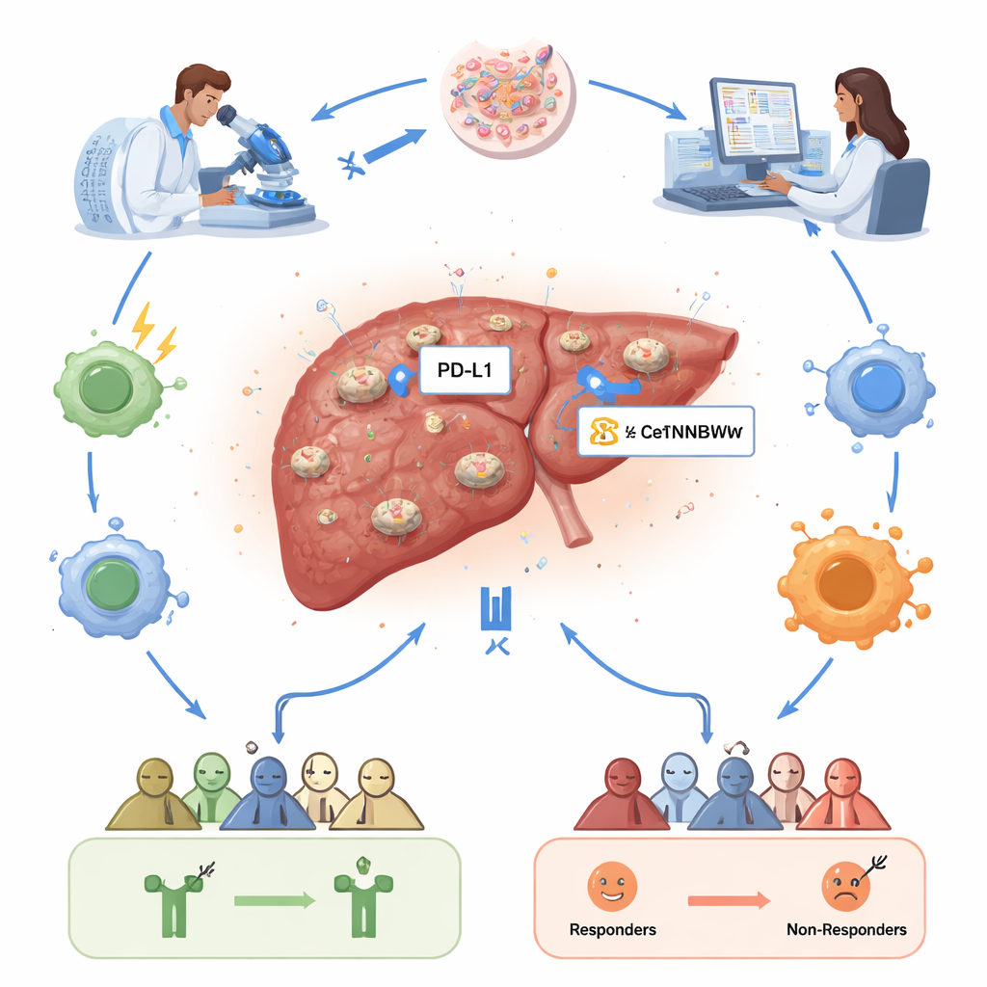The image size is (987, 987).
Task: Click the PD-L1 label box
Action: click(465, 373)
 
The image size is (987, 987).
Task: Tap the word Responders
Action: click(613, 930)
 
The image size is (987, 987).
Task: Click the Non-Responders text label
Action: click(847, 930)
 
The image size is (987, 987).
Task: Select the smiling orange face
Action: click(611, 886)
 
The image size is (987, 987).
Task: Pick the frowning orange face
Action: click(845, 886)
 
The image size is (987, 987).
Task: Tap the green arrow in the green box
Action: click(275, 900)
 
